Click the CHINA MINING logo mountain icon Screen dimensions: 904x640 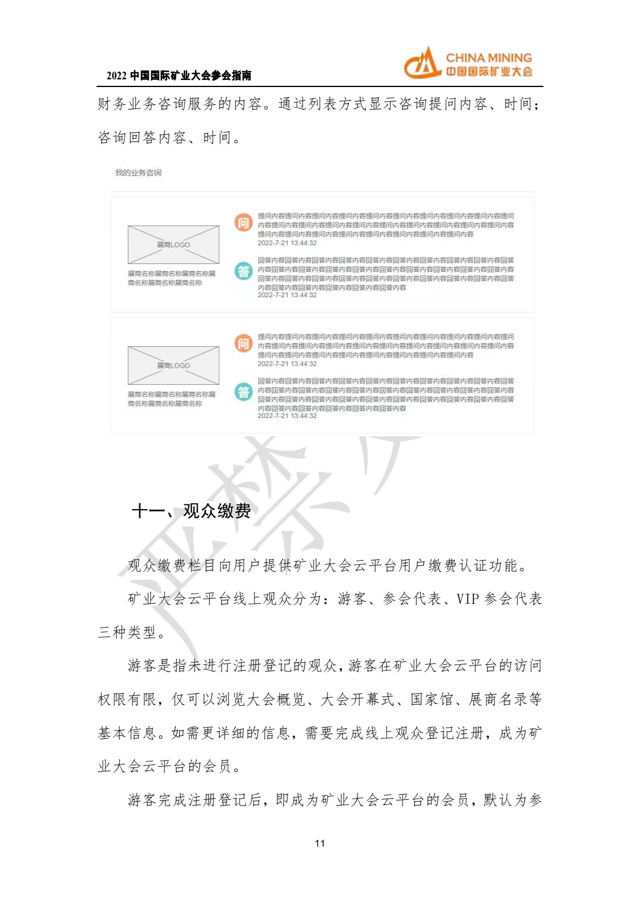pyautogui.click(x=423, y=64)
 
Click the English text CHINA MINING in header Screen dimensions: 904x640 pyautogui.click(x=488, y=58)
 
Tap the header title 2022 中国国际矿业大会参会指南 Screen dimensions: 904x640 pyautogui.click(x=179, y=76)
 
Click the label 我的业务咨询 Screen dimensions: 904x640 pyautogui.click(x=138, y=173)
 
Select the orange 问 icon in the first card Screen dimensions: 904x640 pyautogui.click(x=244, y=223)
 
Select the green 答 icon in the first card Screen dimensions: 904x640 pyautogui.click(x=244, y=271)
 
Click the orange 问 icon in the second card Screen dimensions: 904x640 pyautogui.click(x=244, y=343)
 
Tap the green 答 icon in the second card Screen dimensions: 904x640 pyautogui.click(x=244, y=392)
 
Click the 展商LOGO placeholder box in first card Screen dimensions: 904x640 pyautogui.click(x=173, y=245)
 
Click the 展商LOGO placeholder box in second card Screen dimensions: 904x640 pyautogui.click(x=173, y=365)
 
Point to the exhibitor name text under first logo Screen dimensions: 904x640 pyautogui.click(x=171, y=278)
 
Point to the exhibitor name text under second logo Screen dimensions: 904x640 pyautogui.click(x=171, y=399)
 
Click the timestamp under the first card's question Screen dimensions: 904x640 pyautogui.click(x=287, y=243)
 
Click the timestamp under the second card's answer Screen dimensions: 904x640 pyautogui.click(x=287, y=416)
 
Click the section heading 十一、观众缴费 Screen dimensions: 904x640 pyautogui.click(x=191, y=511)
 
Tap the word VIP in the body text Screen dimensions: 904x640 pyautogui.click(x=468, y=599)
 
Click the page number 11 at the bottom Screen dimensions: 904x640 pyautogui.click(x=320, y=844)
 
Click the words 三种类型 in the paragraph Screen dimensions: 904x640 pyautogui.click(x=127, y=633)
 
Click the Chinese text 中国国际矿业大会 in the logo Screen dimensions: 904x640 pyautogui.click(x=489, y=72)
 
